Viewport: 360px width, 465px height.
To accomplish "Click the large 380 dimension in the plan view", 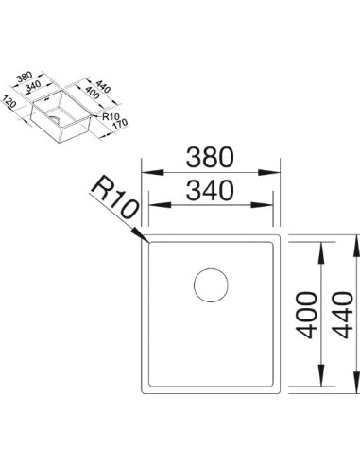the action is coord(210,157).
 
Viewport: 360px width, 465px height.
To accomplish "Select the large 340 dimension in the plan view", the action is coord(210,190).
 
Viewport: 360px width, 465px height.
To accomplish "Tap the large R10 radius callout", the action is coord(115,197).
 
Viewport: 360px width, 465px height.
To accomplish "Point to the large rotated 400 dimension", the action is coord(306,315).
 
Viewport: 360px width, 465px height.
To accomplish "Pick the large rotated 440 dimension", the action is coord(342,315).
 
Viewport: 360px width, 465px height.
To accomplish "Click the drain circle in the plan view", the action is coord(211,285).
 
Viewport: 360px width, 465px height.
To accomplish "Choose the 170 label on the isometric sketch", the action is coord(120,125).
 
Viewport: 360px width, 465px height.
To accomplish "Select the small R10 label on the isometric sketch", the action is coord(110,117).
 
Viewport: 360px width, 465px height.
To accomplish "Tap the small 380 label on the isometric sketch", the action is coord(25,77).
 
